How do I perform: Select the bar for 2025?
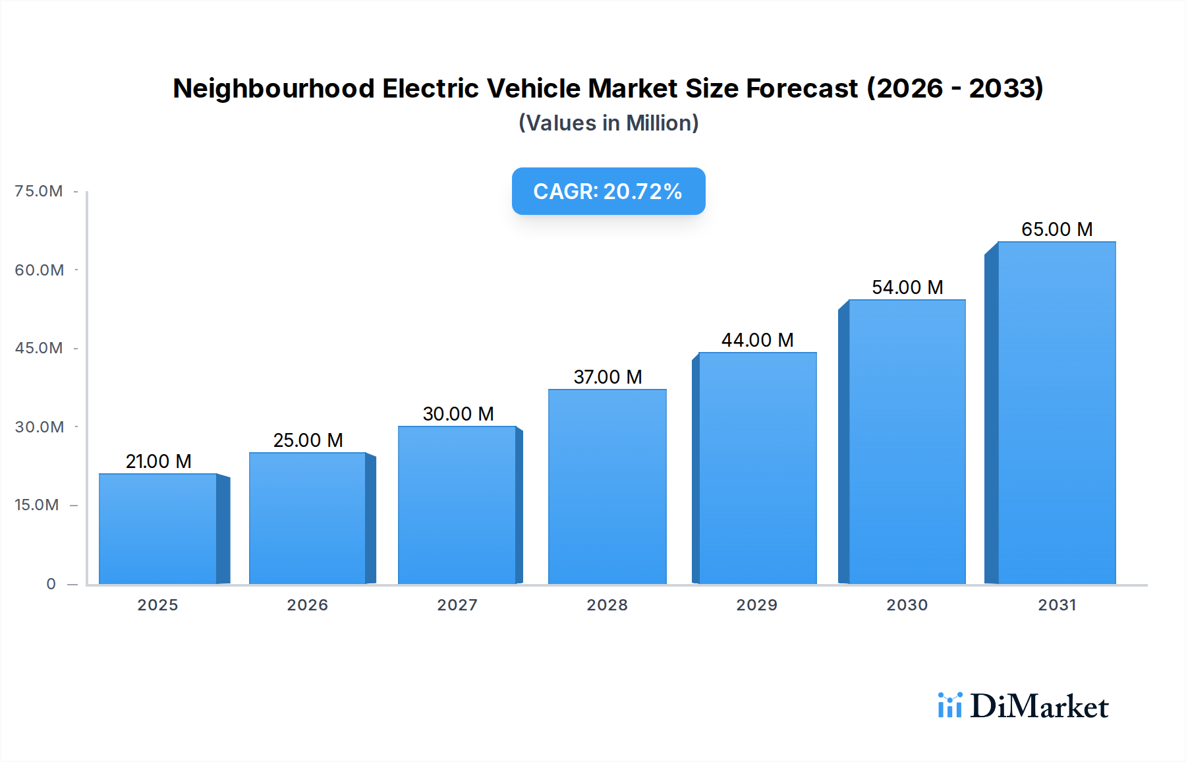point(158,529)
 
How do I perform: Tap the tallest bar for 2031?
point(1056,413)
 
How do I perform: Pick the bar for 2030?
point(907,442)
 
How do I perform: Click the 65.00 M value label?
point(1056,229)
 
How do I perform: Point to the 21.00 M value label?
point(158,461)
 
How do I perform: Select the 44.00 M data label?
point(757,340)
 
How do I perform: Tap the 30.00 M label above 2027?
point(458,414)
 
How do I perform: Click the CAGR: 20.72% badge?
point(608,191)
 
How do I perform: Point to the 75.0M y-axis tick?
point(39,191)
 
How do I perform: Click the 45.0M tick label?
point(39,348)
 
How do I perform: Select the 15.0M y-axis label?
point(37,505)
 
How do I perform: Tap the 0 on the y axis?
point(51,584)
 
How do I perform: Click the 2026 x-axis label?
point(307,605)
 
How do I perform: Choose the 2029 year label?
point(756,605)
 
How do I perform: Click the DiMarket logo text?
point(1039,707)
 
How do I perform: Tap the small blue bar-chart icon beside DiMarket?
point(949,705)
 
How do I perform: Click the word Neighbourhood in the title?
point(273,88)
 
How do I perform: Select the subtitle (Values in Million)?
point(608,123)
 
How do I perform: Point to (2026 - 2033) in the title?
point(955,88)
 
